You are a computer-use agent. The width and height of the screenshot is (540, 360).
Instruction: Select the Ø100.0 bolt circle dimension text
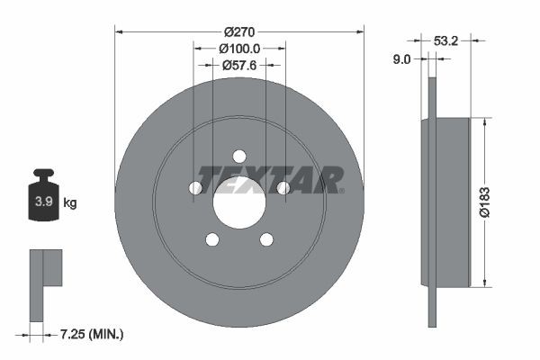(240, 49)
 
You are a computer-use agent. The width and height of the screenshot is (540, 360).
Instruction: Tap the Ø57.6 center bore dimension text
(240, 65)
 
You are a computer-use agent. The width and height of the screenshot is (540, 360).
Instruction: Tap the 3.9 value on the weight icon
(42, 202)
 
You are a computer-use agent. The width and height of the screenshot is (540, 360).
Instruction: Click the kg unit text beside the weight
(69, 203)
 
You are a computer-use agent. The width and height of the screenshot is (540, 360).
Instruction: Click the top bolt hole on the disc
(240, 155)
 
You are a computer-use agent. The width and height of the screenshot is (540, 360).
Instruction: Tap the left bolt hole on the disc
(196, 187)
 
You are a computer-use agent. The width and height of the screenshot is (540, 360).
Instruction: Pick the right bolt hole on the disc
(283, 187)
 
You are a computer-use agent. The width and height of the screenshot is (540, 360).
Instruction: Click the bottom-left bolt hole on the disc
(213, 238)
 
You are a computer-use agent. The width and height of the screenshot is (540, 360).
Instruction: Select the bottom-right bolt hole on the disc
(266, 238)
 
